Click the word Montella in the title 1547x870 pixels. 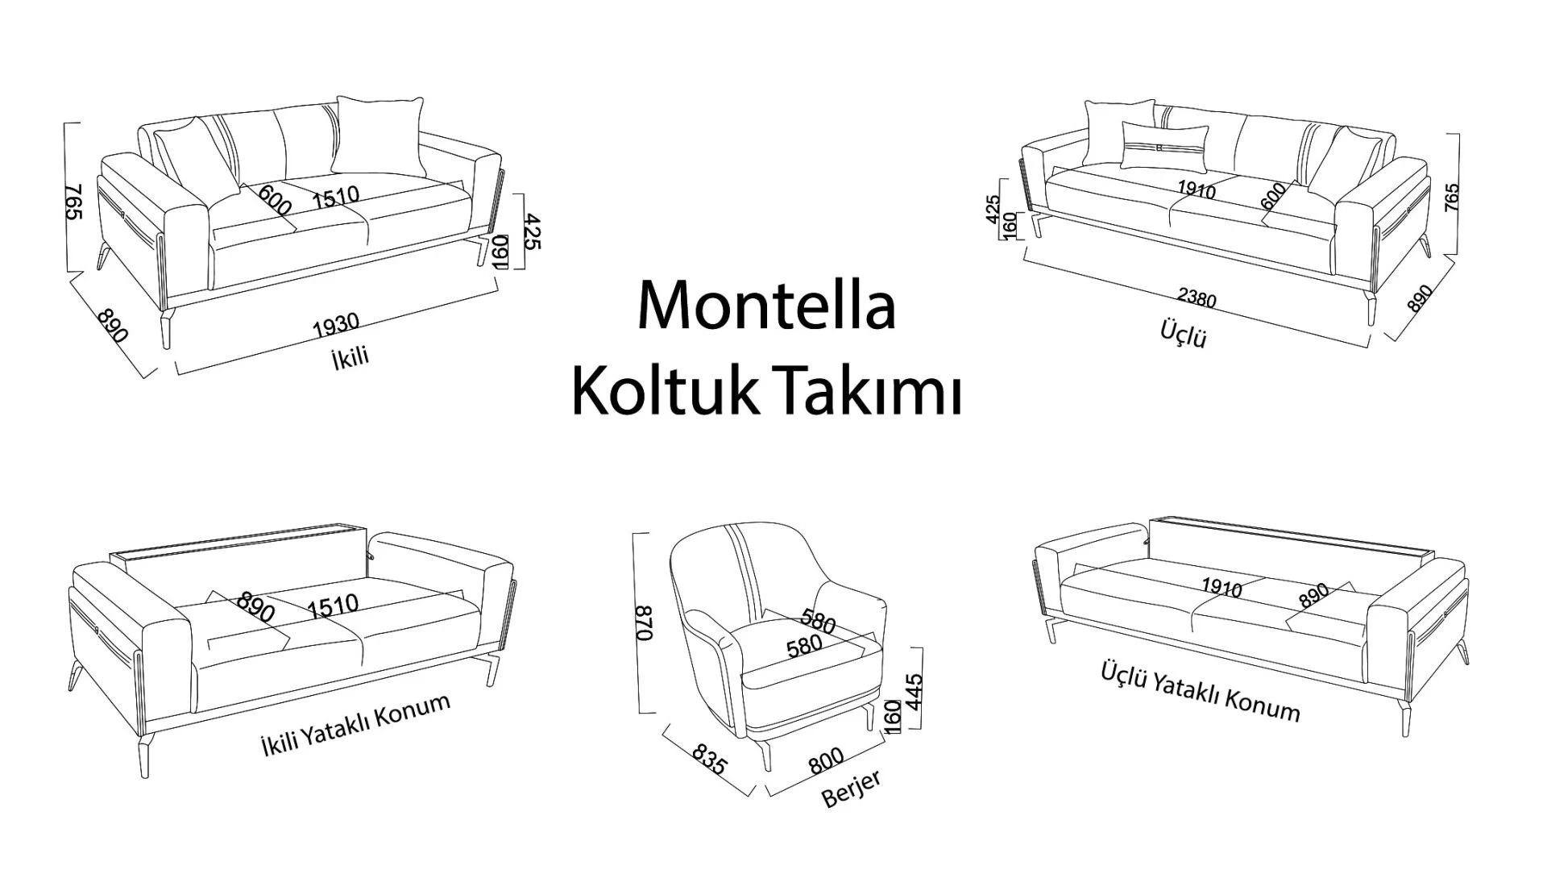click(x=766, y=306)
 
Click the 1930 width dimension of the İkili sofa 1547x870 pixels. click(x=336, y=324)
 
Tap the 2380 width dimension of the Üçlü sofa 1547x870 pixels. click(x=1197, y=298)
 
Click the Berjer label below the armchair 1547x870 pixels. click(x=851, y=788)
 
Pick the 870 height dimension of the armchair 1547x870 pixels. click(x=645, y=623)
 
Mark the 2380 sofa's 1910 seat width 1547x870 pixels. click(x=1197, y=189)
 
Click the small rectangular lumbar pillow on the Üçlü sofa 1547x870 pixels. click(x=1164, y=148)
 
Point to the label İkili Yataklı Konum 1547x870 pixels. click(x=355, y=724)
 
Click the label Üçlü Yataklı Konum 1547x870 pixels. click(x=1200, y=693)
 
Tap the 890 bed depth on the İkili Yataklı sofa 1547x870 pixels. click(x=256, y=607)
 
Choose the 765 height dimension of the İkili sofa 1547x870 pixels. click(x=74, y=201)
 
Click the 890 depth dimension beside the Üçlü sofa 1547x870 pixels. click(x=1419, y=299)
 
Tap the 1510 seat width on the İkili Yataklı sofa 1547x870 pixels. click(x=332, y=605)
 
